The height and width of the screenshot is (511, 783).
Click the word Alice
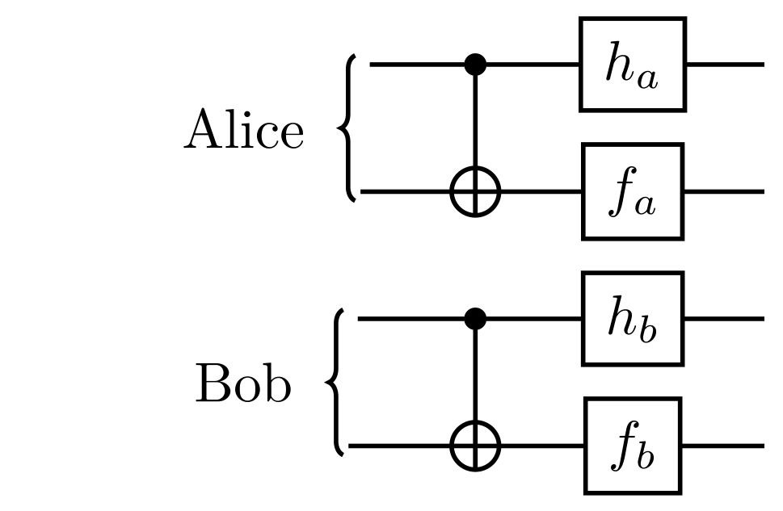tap(244, 131)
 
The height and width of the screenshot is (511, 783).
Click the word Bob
tap(242, 386)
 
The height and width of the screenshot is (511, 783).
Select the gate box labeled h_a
tap(632, 64)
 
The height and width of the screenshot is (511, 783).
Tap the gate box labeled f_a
tap(632, 191)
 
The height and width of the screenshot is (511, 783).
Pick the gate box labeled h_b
tap(632, 319)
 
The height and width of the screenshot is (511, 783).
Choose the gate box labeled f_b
tap(632, 445)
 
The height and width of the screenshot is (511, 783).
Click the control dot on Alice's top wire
tap(476, 64)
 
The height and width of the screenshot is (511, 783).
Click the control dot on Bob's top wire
tap(476, 319)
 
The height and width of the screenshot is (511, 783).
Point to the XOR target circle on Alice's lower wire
tap(476, 192)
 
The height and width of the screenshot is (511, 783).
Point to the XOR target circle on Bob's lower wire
tap(476, 446)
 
